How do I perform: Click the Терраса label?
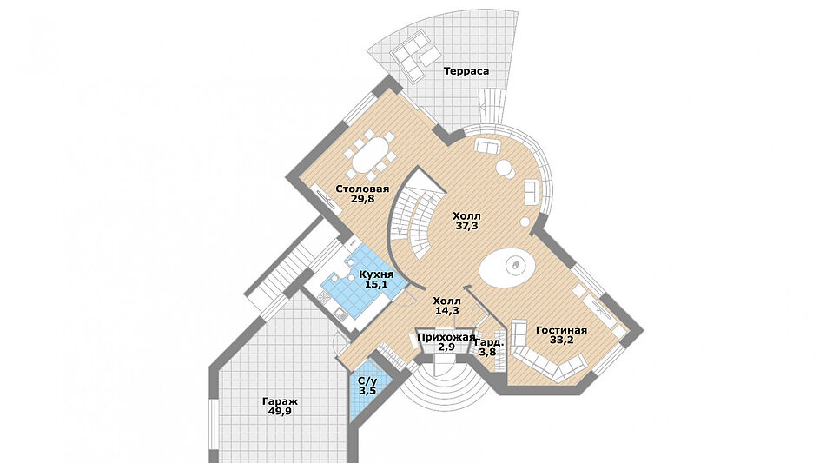(x=466, y=70)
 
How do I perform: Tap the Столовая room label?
(x=362, y=188)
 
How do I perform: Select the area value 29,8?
(x=362, y=198)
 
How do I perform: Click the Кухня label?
(x=376, y=273)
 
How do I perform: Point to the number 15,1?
(x=376, y=283)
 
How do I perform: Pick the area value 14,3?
(x=447, y=310)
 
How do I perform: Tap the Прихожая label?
(x=446, y=336)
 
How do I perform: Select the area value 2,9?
(x=446, y=347)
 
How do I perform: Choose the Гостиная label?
(x=561, y=330)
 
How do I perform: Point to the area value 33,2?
(x=561, y=341)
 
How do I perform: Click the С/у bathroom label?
(x=367, y=381)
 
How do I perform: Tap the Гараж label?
(x=279, y=401)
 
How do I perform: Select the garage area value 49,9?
(x=279, y=412)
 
